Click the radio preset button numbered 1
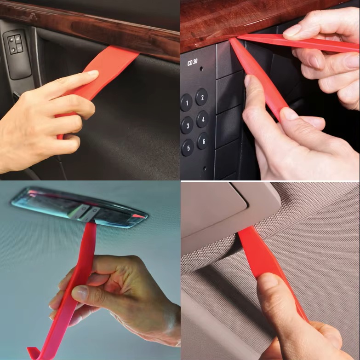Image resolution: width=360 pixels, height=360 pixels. tap(186, 103)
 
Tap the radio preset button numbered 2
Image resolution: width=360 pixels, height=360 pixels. tap(202, 97)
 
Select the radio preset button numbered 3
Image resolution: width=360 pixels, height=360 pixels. tap(187, 125)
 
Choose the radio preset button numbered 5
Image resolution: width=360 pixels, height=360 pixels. tap(188, 148)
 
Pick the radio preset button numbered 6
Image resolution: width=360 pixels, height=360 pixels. tap(203, 141)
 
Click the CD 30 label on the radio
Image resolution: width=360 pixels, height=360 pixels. tap(192, 62)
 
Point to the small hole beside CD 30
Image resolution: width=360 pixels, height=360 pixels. tap(201, 69)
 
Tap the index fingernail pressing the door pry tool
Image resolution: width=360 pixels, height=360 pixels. tap(92, 73)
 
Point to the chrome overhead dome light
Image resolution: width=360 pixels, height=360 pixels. tap(79, 207)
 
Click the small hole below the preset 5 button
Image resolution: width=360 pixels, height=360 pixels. tap(204, 169)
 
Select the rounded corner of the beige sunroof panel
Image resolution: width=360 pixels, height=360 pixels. tap(244, 202)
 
